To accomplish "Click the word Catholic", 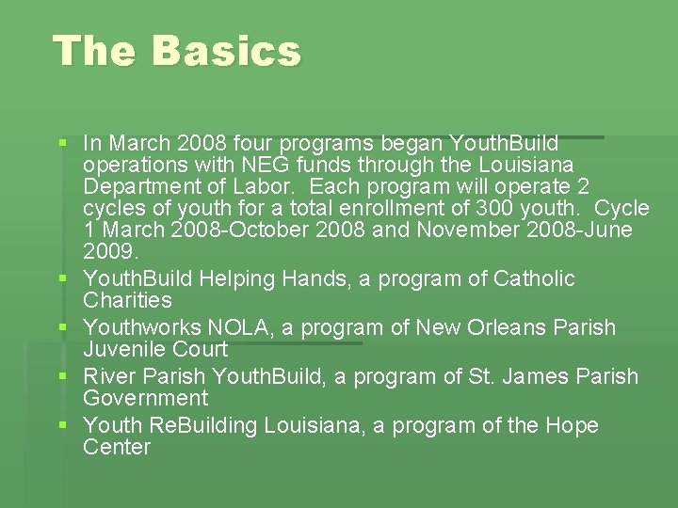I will [x=534, y=278].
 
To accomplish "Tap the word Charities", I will [x=127, y=301].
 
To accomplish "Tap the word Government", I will [x=145, y=398].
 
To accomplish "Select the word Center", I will [x=117, y=447].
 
